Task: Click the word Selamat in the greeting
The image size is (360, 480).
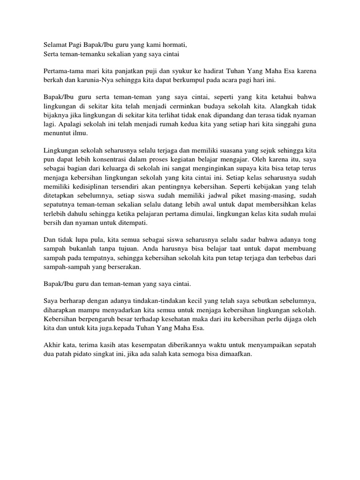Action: coord(50,45)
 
